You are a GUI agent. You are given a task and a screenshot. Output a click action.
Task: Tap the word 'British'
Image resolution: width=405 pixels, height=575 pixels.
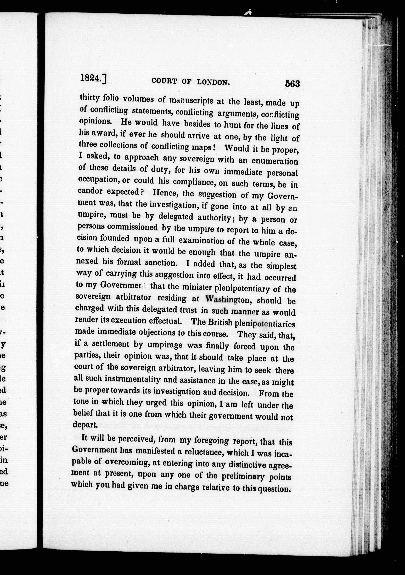pos(220,322)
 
